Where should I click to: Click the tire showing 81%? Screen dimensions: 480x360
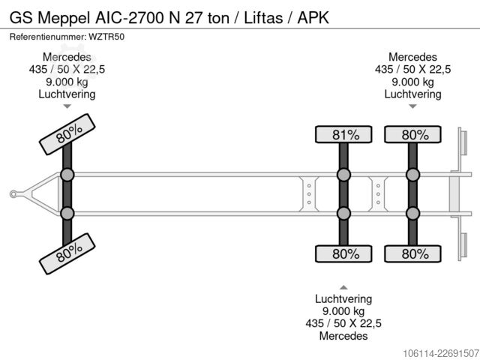coord(343,134)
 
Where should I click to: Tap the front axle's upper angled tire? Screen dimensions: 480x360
coord(67,134)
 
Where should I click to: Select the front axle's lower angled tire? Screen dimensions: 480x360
coord(67,253)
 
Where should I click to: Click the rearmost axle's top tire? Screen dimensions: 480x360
coord(412,134)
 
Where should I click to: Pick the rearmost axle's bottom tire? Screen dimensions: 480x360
coord(412,253)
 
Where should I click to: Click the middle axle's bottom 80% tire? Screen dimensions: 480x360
coord(343,253)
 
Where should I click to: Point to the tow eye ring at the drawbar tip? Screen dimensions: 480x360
coord(13,194)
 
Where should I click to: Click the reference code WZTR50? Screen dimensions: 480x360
coord(106,37)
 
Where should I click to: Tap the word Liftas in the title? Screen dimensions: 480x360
coord(263,18)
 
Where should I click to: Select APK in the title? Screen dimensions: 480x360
coord(313,18)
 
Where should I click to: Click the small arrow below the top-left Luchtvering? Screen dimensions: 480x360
coord(67,106)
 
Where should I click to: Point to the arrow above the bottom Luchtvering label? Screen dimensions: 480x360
coord(343,287)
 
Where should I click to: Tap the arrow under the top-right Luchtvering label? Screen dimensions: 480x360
coord(412,106)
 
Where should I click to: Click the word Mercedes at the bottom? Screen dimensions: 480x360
coord(343,336)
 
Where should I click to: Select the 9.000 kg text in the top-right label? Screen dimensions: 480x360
coord(412,82)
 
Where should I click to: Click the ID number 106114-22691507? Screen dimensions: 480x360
coord(441,353)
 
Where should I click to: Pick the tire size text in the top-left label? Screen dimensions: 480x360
coord(67,70)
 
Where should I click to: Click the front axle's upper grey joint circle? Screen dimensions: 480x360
coord(67,175)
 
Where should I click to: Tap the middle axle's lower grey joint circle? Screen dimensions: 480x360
coord(343,213)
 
